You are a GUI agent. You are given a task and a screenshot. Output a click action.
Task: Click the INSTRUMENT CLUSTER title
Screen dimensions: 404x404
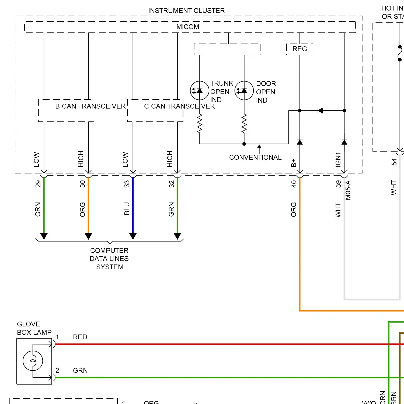[186, 11]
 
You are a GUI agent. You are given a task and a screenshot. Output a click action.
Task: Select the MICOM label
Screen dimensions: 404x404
[188, 27]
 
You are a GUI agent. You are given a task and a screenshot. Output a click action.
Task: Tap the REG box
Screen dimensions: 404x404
[299, 49]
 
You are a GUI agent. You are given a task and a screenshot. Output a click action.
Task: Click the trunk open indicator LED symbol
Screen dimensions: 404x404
[199, 90]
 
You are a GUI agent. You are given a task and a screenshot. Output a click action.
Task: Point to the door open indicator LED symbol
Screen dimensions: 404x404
[244, 90]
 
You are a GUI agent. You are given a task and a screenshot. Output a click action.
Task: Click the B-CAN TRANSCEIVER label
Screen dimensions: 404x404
[90, 106]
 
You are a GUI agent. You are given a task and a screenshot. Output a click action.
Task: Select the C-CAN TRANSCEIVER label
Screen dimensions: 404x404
[179, 106]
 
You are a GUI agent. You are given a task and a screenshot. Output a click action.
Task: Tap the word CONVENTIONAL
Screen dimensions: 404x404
[255, 157]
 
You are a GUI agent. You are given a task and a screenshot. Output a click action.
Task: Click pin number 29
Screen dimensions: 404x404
[38, 184]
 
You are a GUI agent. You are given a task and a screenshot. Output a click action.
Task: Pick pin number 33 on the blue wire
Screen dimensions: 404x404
[127, 184]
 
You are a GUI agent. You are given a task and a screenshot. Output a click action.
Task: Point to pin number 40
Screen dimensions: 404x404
[294, 184]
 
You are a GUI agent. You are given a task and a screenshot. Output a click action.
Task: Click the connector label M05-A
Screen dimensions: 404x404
[348, 190]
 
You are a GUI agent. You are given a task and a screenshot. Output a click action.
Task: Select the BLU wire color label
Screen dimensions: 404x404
[127, 208]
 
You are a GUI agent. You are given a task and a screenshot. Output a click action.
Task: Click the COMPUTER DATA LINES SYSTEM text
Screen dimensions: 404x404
[109, 259]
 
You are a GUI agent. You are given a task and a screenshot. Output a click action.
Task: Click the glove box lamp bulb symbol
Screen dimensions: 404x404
[33, 361]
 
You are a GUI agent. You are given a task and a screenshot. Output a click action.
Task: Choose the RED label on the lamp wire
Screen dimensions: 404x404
[80, 337]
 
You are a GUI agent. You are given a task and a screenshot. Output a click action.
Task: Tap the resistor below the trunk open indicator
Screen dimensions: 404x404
[200, 124]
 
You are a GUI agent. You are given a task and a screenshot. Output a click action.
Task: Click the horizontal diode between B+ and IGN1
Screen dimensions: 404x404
[320, 110]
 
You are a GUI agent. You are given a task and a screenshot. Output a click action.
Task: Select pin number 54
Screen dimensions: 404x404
[394, 162]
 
